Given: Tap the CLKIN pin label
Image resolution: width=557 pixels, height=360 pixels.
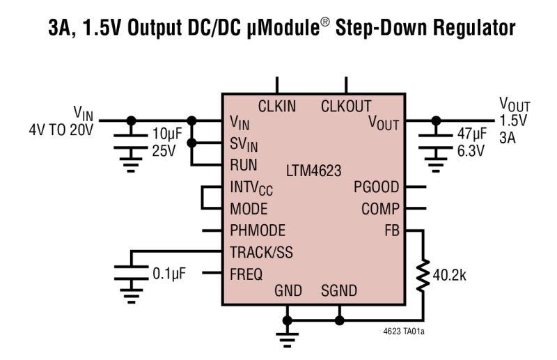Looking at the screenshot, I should (276, 107).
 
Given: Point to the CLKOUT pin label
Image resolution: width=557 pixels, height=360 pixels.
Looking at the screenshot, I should (346, 107).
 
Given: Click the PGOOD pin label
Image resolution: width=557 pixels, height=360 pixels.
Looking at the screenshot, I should (376, 187).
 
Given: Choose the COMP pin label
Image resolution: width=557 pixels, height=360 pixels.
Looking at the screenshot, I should (379, 209).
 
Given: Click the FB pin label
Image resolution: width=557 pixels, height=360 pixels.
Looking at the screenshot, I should (391, 230).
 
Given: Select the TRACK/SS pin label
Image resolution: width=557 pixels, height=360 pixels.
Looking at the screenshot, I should (261, 252).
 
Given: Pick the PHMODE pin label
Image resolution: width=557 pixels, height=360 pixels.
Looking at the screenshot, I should (257, 230).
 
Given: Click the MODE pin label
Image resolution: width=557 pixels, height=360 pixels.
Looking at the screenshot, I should (249, 209).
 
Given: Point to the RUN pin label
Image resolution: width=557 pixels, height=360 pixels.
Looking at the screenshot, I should (243, 166).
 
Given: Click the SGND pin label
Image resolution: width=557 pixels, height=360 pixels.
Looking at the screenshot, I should (339, 291).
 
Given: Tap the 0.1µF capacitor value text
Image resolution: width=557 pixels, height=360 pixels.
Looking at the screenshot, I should (168, 274).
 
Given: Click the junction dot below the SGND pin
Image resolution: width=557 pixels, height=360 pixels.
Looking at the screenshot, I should (339, 320).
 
